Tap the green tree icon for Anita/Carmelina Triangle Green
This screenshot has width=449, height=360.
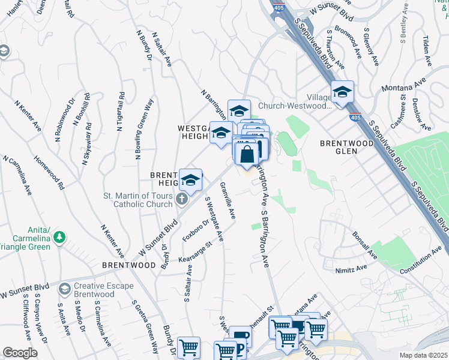(59, 238)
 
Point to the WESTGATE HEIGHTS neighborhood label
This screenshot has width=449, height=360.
(193, 133)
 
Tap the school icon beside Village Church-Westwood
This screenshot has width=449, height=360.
(342, 93)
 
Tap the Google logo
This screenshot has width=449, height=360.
(20, 353)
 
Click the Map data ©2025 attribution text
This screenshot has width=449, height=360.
(423, 355)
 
